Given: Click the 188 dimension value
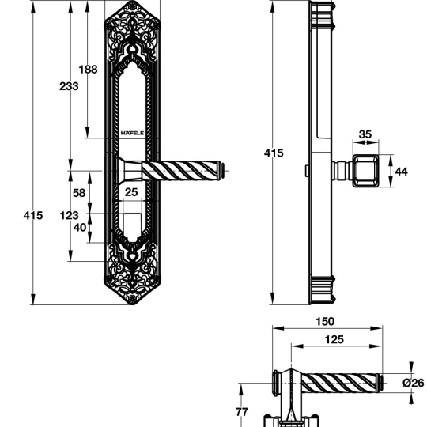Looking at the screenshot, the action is pos(88,70).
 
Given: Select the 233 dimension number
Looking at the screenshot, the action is pos(69,86).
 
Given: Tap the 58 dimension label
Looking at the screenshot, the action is pos(79,193).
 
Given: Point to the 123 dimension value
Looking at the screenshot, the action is pos(69,216).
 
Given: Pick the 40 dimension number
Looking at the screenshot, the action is pos(80,228).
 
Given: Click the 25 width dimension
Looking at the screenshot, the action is pos(131,192).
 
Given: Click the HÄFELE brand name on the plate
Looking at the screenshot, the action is pos(132,133).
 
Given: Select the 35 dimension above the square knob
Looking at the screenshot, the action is pos(365,134).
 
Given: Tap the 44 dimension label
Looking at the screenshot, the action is pos(401,172).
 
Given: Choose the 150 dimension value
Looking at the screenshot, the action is pos(325,322).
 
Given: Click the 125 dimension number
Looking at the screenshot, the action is pos(334,339).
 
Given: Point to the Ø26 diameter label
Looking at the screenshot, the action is pos(414,383).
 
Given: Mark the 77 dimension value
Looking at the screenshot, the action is pos(242,412).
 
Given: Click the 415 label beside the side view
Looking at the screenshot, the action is pos(274,153).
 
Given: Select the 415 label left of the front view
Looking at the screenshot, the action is pos(33,216).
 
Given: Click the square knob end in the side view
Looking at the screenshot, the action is pos(366,171).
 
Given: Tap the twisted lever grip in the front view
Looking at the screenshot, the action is pos(180,171).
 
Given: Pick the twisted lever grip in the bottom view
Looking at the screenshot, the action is pos(339,383).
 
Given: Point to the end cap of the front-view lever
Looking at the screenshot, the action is pos(222,171).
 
